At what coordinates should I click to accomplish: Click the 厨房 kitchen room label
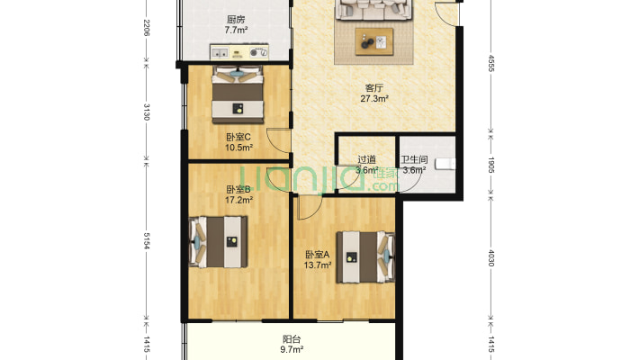(236, 19)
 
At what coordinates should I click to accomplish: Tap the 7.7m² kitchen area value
(236, 30)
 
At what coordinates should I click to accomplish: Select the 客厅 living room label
(374, 88)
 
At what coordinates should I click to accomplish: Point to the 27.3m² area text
(374, 98)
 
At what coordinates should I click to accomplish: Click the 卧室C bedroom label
(238, 137)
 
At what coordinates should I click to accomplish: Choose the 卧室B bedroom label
(238, 190)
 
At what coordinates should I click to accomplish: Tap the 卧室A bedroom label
(318, 255)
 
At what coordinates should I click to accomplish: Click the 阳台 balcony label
(292, 339)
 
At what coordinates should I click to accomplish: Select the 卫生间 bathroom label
(414, 160)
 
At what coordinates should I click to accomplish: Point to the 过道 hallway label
(367, 160)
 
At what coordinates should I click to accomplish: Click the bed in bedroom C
(238, 94)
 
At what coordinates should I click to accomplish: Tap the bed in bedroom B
(219, 242)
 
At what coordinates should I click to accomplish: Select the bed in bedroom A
(365, 257)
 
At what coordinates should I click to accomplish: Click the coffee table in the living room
(374, 41)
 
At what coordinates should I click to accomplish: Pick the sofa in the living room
(373, 10)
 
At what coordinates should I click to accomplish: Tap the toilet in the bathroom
(445, 164)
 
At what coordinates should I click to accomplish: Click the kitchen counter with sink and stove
(239, 52)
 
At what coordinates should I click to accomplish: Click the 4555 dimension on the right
(491, 64)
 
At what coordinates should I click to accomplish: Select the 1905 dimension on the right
(491, 165)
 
